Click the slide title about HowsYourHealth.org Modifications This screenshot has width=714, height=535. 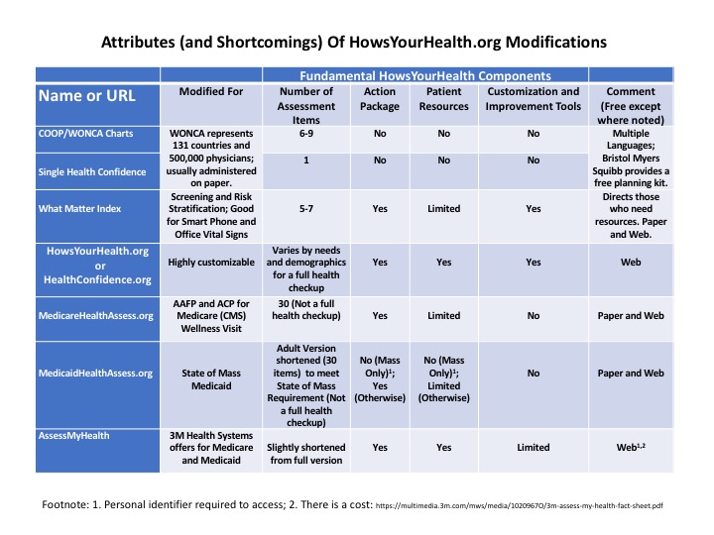(x=356, y=45)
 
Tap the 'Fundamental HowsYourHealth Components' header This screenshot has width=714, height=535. (x=425, y=75)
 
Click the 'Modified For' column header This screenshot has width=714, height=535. (x=210, y=92)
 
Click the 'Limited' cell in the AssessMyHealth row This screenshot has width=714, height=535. (x=534, y=447)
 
